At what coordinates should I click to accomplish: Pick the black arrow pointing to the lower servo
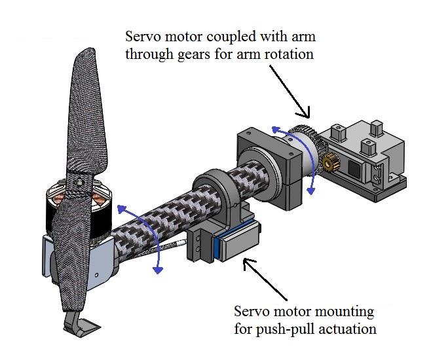click(266, 278)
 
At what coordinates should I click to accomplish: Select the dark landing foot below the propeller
click(81, 325)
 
